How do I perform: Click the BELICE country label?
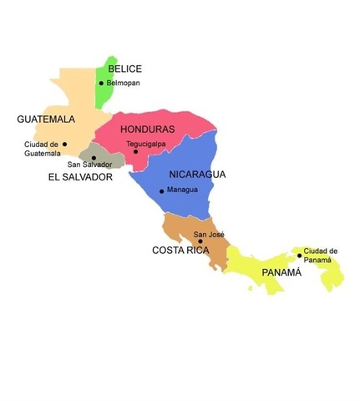pos(125,69)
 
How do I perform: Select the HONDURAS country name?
pos(147,129)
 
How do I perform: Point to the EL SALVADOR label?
pos(79,177)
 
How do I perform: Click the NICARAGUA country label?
pos(198,175)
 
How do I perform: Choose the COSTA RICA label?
pos(180,250)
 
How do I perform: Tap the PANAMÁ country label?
pos(281,272)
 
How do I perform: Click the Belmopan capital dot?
pos(102,83)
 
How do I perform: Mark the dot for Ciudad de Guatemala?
pos(64,144)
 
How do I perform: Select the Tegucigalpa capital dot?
pos(135,151)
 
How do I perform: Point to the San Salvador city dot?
pos(94,157)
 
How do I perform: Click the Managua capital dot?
pos(162,191)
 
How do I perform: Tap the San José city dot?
pos(200,241)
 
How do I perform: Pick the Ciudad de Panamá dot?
pos(299,256)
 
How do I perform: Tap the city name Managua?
pos(183,190)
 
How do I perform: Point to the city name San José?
pos(210,235)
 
